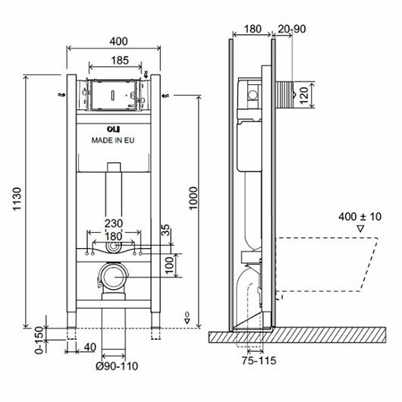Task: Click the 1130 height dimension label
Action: coord(17,199)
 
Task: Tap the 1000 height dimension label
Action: coord(193,198)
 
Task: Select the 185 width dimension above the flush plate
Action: coord(120,61)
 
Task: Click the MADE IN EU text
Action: coord(113,140)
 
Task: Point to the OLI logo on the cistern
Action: coord(114,129)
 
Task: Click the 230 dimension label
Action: coord(114,223)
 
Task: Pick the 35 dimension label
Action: coord(166,230)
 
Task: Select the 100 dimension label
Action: coord(169,265)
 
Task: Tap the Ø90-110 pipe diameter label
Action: coord(117,366)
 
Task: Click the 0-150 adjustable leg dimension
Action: coord(39,340)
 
